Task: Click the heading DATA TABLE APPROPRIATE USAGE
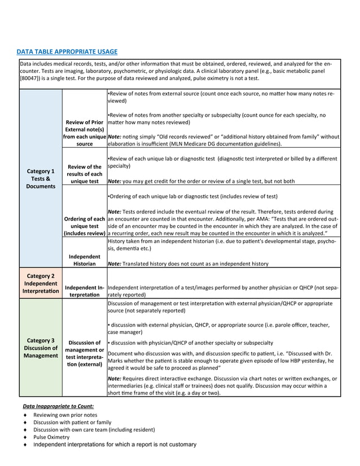(x=67, y=52)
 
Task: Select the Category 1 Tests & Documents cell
(x=41, y=178)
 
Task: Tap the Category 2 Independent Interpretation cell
(x=41, y=283)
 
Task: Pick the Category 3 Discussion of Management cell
(x=41, y=348)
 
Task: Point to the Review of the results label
(x=84, y=174)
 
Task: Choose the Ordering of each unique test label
(x=84, y=226)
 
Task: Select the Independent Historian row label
(x=84, y=260)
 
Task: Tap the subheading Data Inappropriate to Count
(x=58, y=406)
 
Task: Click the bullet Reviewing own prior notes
(x=65, y=415)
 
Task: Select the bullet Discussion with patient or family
(x=72, y=422)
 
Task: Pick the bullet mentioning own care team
(x=94, y=429)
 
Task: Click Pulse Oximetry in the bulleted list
(x=51, y=437)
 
